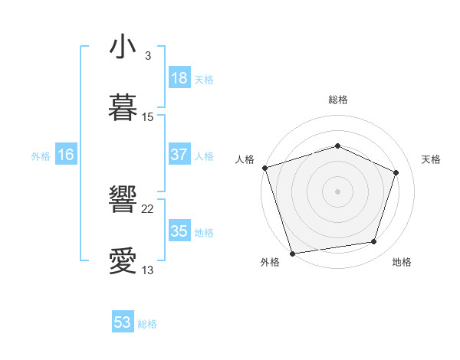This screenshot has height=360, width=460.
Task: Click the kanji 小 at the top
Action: pos(123,47)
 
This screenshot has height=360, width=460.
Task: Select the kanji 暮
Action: pos(123,108)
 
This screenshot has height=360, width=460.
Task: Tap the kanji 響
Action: pos(123,200)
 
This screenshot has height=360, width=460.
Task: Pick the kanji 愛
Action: pos(123,261)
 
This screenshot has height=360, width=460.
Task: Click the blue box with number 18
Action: pos(179,78)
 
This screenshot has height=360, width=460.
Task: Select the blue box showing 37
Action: pos(179,155)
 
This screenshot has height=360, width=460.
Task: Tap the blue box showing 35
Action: pos(179,231)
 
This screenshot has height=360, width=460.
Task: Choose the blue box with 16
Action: pos(66,155)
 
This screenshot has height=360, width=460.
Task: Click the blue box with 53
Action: pos(123,322)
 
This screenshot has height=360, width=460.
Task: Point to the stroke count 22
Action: pos(148,208)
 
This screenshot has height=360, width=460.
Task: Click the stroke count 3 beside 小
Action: pos(148,55)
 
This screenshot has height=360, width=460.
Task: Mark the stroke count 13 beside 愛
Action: pos(148,270)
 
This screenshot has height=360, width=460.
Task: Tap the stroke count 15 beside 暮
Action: pos(148,116)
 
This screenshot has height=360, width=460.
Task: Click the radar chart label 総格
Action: pos(337,100)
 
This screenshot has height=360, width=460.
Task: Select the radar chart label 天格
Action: pos(431,159)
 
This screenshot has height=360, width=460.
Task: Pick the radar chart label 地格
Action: pos(402,262)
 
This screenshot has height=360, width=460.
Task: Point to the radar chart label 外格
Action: pos(270,262)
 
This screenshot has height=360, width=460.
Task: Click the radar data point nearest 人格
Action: pos(264,168)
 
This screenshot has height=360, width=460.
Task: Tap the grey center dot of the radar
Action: pos(337,191)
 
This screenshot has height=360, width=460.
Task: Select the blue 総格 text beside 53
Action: pos(147,324)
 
